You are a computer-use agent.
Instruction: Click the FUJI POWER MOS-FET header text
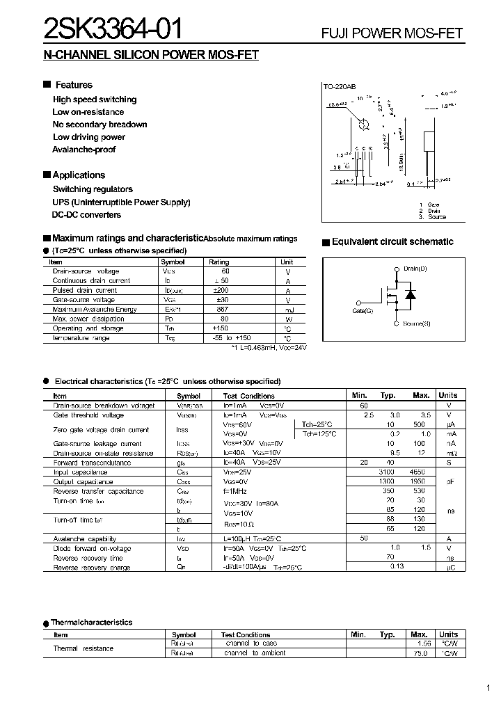coord(391,33)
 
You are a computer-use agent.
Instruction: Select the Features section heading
coord(73,85)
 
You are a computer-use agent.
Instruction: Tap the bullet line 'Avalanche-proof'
coord(83,150)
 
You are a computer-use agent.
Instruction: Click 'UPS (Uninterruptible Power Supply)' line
coord(121,202)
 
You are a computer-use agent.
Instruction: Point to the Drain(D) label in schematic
coord(415,269)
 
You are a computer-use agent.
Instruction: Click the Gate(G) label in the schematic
coord(363,310)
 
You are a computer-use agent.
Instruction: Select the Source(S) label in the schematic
coord(416,324)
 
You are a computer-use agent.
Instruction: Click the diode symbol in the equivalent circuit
coord(410,295)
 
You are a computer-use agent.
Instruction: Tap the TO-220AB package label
coord(339,87)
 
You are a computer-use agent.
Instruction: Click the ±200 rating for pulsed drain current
coord(220,290)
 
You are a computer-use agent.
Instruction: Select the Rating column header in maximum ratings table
coord(219,262)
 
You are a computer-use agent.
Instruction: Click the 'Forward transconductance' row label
coord(92,463)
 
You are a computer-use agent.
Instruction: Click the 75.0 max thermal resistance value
coord(420,653)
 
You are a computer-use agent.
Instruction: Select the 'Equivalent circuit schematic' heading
coord(392,242)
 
